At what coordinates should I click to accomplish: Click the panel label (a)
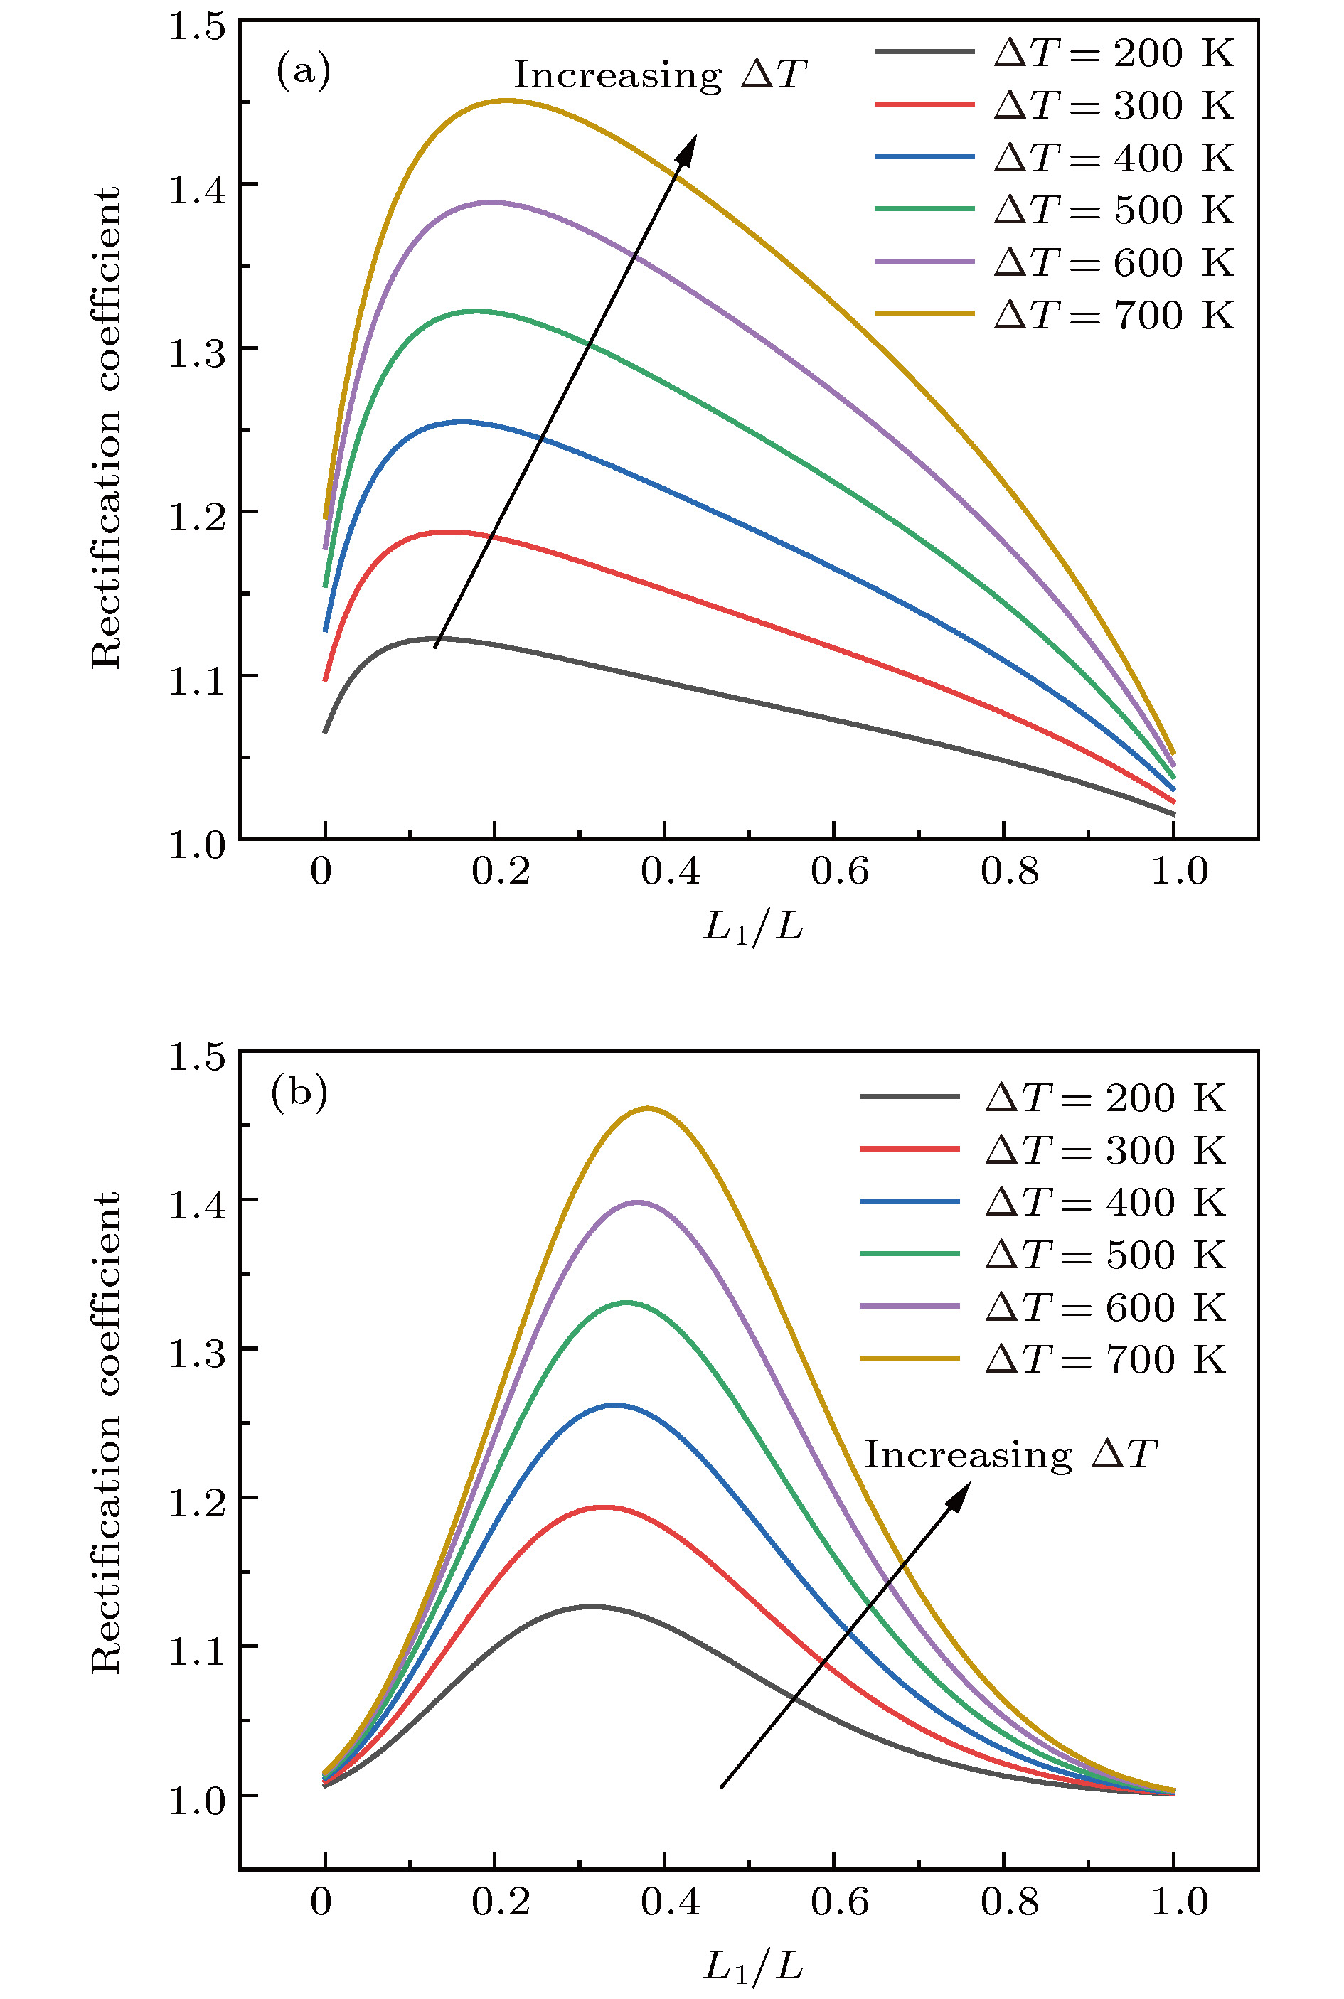tap(302, 71)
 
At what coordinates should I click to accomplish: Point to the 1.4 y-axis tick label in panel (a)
tap(196, 189)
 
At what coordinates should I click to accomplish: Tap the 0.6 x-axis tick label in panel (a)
tap(839, 872)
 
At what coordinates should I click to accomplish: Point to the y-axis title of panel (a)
tap(106, 429)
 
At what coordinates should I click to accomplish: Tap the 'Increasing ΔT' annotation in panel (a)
tap(660, 75)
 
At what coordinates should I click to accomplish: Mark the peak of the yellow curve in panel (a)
tap(506, 100)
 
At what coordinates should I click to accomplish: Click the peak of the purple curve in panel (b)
tap(638, 1202)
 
